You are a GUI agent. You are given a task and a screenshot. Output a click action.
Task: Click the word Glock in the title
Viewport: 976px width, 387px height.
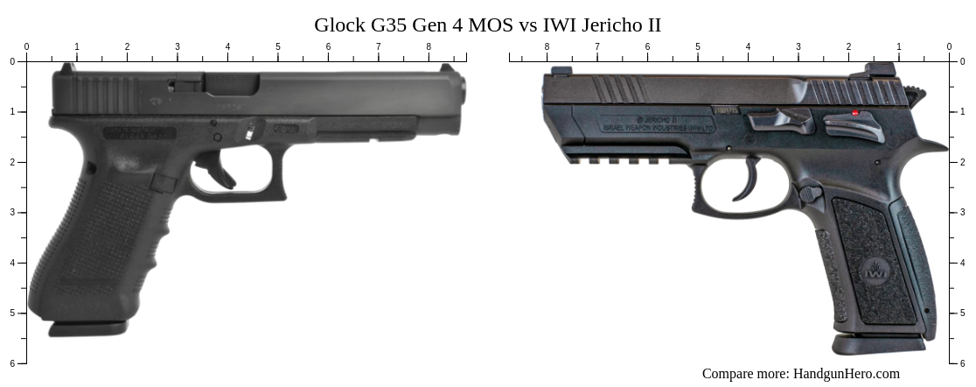coord(341,25)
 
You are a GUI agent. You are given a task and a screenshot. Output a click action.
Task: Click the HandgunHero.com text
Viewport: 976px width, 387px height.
coord(846,374)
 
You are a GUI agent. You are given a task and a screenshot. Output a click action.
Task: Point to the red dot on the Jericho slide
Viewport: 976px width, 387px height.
coord(855,112)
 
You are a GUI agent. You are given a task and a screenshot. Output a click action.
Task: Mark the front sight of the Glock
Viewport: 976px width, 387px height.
coord(448,68)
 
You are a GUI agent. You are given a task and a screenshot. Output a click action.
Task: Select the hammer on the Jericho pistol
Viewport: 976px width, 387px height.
coord(915,92)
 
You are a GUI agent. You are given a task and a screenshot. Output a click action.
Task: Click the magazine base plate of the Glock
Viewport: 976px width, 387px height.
coord(87,329)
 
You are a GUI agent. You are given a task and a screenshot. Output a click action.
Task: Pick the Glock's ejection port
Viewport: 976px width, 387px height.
coord(231,84)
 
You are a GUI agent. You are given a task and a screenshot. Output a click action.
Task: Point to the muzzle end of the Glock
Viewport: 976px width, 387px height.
coord(461,90)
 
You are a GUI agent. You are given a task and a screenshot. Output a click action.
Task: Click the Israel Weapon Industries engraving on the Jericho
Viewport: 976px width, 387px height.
coord(658,128)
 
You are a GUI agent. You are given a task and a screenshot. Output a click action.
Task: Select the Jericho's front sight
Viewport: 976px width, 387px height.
coord(561,71)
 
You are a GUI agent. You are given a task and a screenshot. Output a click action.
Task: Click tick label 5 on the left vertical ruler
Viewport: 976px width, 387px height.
coord(12,313)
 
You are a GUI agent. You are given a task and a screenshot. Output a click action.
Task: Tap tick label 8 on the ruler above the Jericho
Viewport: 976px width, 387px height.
coord(547,46)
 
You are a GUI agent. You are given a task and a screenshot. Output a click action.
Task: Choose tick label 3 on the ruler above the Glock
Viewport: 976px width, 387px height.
coord(178,46)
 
